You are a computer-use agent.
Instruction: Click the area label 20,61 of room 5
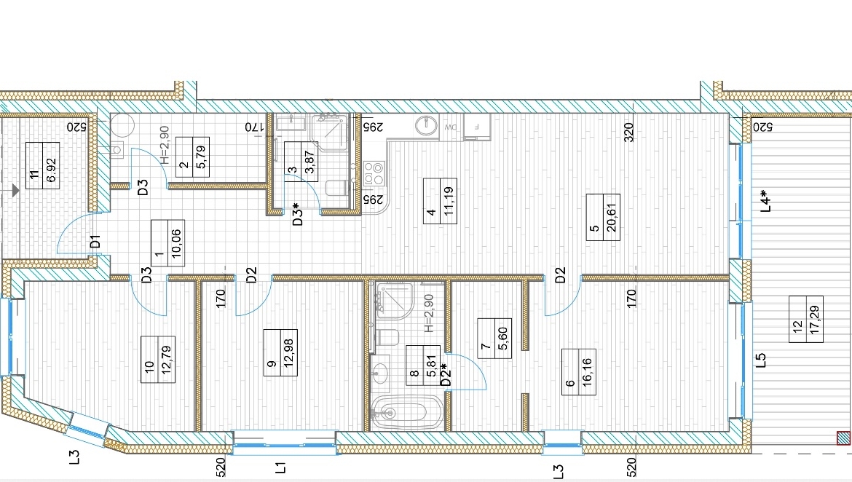coord(612,218)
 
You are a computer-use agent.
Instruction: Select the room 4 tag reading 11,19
coord(449,201)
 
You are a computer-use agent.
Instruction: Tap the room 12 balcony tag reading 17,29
coord(815,320)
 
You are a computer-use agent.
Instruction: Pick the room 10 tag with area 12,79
coord(166,360)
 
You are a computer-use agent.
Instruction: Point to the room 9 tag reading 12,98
coord(288,353)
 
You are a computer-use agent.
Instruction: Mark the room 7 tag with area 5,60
coord(502,338)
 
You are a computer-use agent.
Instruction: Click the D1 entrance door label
coord(95,241)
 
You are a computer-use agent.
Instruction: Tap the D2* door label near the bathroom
coord(446,375)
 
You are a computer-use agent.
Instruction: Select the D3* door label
coord(298,214)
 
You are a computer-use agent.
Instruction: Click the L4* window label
coord(765,200)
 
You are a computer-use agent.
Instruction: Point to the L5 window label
coord(761,360)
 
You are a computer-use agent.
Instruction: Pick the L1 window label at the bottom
coord(280,467)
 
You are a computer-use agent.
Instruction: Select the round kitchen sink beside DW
coord(427,125)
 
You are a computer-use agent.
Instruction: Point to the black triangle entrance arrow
coord(16,190)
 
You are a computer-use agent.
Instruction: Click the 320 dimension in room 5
coord(628,132)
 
